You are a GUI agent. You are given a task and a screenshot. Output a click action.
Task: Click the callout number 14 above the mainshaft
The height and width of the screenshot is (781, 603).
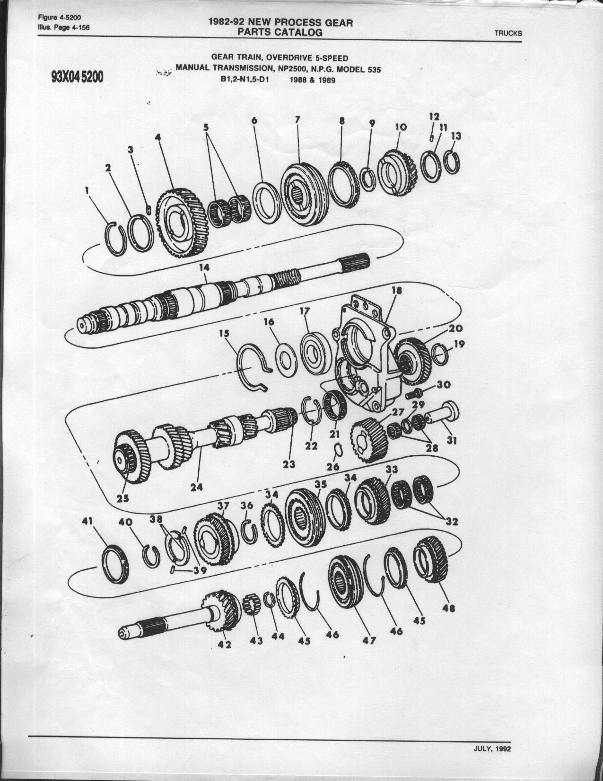[204, 267]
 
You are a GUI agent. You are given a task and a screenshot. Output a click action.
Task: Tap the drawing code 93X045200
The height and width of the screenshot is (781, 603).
[77, 77]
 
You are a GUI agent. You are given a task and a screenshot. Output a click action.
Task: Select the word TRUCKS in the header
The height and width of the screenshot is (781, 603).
[508, 33]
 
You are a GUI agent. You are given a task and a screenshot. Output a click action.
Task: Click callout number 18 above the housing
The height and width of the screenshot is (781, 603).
[397, 291]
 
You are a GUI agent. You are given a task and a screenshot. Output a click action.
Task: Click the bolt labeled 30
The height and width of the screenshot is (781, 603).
[414, 393]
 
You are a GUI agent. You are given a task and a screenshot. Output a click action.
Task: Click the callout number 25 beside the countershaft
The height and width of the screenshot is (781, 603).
[122, 498]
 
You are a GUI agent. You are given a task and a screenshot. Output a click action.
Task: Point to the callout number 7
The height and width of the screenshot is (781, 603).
[297, 120]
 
